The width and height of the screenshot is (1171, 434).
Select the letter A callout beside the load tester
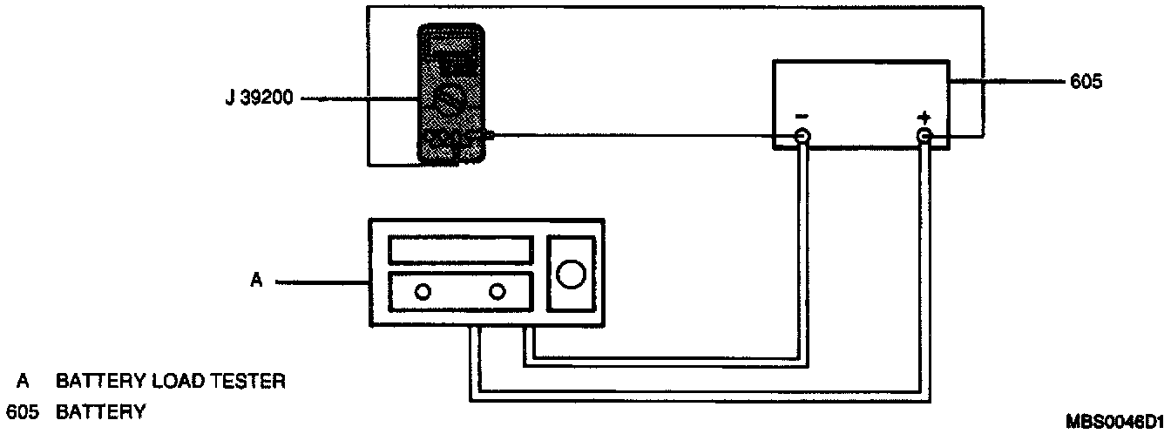pyautogui.click(x=256, y=281)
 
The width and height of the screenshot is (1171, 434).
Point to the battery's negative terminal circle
pyautogui.click(x=801, y=137)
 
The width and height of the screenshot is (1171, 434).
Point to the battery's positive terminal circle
pyautogui.click(x=924, y=136)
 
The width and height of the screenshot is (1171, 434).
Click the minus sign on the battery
pyautogui.click(x=801, y=117)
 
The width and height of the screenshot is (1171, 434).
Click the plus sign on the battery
pyautogui.click(x=924, y=117)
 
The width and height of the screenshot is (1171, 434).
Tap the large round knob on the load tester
pyautogui.click(x=571, y=274)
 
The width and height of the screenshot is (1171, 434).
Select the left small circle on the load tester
pyautogui.click(x=423, y=292)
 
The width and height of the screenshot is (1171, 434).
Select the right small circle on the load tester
pyautogui.click(x=498, y=292)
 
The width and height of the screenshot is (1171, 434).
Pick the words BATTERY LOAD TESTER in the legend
pyautogui.click(x=171, y=382)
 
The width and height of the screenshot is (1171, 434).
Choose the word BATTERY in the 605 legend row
pyautogui.click(x=100, y=411)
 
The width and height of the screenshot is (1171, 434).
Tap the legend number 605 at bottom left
pyautogui.click(x=22, y=411)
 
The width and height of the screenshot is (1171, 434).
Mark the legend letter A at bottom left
pyautogui.click(x=22, y=382)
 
